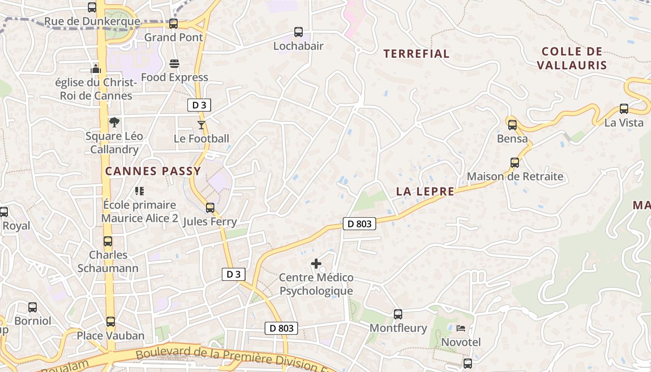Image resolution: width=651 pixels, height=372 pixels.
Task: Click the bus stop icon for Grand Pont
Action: (173, 24)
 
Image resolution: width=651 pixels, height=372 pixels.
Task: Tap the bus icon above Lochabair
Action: (299, 32)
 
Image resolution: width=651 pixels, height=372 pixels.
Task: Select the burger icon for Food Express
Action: (174, 64)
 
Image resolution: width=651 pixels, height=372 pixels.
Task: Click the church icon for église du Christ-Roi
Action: (96, 69)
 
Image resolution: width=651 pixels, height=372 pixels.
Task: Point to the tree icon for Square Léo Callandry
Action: (114, 122)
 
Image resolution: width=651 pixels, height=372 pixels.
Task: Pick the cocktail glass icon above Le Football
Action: (201, 125)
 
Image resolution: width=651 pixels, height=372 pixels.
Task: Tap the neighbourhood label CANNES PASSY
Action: (153, 171)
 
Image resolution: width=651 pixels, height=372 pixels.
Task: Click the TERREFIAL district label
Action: (416, 54)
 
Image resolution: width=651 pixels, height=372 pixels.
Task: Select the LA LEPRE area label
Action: (425, 192)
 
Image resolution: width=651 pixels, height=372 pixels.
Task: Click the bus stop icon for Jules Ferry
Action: (210, 207)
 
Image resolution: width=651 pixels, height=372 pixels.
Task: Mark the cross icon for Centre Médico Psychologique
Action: (316, 264)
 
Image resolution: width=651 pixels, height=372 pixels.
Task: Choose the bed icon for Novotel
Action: (460, 328)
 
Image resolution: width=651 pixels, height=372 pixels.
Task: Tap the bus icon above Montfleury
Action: (398, 314)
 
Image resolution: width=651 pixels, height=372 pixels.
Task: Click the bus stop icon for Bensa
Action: (512, 125)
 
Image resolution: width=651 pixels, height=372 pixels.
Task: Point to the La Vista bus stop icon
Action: (624, 109)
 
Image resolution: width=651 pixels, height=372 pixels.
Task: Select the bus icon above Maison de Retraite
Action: (515, 163)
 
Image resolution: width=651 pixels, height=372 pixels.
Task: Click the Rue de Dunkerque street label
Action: (92, 21)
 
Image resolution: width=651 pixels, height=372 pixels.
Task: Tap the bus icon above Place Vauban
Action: (111, 321)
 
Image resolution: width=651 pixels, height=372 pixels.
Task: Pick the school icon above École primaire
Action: (139, 191)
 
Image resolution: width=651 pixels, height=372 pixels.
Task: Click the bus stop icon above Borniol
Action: (33, 307)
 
